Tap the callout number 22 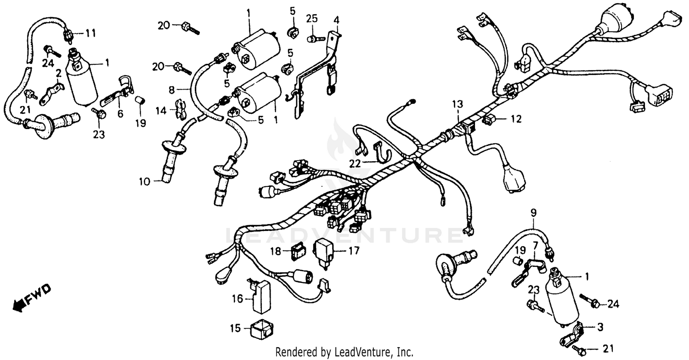[x=354, y=163]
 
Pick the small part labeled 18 [x=298, y=252]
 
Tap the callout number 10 [x=145, y=181]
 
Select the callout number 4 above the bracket [x=336, y=20]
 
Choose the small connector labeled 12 [x=489, y=120]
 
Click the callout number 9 [x=533, y=213]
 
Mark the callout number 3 [x=600, y=327]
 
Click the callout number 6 [x=120, y=113]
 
